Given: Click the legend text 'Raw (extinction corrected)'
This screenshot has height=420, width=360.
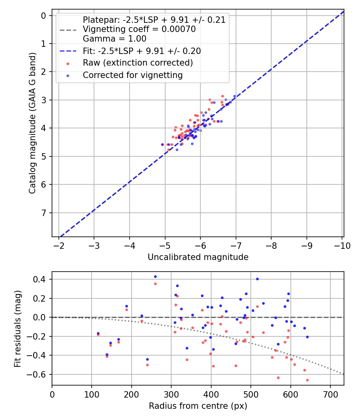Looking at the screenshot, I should click(x=138, y=63).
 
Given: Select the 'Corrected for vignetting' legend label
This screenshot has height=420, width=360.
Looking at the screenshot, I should click(x=132, y=75).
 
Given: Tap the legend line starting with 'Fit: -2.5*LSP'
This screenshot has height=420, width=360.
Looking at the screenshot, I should click(x=142, y=51).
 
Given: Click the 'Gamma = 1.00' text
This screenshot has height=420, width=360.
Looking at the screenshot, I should click(x=114, y=39).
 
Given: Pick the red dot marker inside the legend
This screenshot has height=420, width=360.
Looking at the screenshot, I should click(x=68, y=63).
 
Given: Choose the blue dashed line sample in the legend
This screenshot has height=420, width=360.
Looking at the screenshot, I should click(x=68, y=51).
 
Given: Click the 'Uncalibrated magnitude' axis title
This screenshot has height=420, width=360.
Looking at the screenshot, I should click(x=198, y=257).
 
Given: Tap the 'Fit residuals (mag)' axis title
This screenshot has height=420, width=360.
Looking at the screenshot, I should click(x=18, y=329).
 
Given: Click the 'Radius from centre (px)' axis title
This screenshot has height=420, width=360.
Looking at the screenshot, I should click(x=198, y=406).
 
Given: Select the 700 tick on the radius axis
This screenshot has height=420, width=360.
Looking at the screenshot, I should click(x=330, y=394).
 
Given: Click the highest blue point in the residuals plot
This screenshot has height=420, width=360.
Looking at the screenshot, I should click(x=155, y=276).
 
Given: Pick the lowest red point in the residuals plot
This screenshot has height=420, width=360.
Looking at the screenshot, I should click(x=307, y=380).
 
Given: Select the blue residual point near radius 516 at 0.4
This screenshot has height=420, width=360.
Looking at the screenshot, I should click(x=257, y=279).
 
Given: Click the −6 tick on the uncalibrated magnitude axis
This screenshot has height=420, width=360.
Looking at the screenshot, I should click(x=200, y=246).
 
